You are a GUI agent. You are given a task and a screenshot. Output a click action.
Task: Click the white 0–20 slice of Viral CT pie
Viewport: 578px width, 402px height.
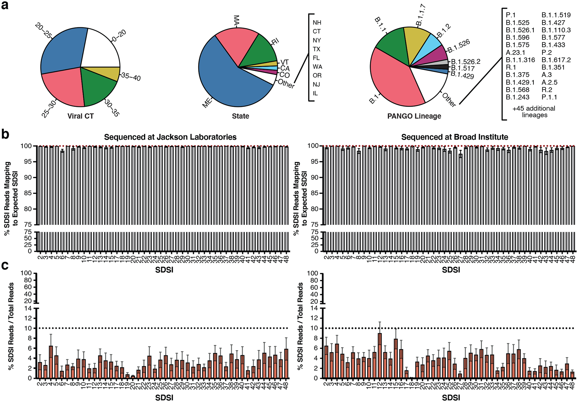(x=101, y=48)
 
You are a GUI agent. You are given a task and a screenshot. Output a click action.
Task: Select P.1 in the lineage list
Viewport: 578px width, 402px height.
(x=511, y=15)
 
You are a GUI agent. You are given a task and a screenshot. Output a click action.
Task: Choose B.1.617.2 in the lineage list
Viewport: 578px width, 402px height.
(x=556, y=60)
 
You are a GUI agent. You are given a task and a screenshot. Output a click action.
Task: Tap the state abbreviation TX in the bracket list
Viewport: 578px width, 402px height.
(x=317, y=49)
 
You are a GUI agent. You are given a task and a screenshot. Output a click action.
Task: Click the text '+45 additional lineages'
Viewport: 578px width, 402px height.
(x=534, y=112)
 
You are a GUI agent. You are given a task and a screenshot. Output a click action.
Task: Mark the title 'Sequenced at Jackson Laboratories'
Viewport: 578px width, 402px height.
(x=170, y=137)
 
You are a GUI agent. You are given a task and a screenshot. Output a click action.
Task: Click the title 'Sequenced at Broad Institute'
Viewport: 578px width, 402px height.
(x=454, y=137)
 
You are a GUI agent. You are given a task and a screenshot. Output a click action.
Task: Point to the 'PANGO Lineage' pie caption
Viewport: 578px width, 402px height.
(x=414, y=116)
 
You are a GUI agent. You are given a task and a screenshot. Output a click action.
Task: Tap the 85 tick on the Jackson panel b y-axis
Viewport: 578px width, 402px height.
(x=28, y=193)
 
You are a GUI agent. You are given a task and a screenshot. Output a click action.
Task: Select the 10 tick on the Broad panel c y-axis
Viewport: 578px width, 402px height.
(x=314, y=328)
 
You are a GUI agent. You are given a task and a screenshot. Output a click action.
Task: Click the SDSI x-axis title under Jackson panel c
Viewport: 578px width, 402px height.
(x=164, y=398)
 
